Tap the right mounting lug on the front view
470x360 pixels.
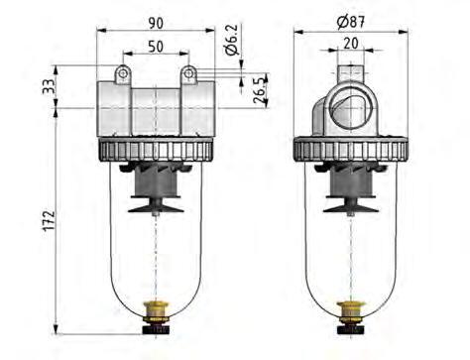pyautogui.click(x=187, y=75)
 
